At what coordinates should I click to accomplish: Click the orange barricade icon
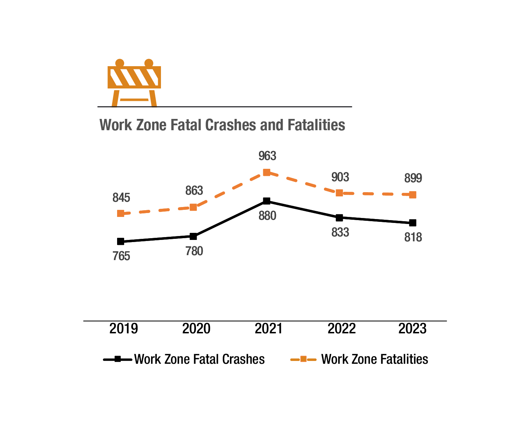[134, 83]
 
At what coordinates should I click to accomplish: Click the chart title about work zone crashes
[222, 125]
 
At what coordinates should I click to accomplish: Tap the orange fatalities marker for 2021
[267, 173]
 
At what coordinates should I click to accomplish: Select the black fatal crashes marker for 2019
[121, 242]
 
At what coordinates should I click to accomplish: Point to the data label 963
[267, 156]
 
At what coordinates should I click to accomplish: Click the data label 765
[121, 256]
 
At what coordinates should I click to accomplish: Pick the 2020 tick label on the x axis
[196, 329]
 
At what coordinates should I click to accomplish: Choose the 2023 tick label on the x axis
[412, 329]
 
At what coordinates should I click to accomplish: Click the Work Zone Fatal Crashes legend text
[200, 360]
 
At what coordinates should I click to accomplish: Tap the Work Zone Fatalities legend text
[375, 360]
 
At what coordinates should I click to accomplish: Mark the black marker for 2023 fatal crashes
[412, 223]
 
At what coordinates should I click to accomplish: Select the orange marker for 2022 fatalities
[339, 193]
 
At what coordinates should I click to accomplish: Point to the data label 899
[413, 179]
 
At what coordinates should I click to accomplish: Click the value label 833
[340, 232]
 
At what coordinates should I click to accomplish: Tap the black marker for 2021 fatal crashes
[267, 201]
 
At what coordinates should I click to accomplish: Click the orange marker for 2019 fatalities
[121, 213]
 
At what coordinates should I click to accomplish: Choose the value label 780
[194, 251]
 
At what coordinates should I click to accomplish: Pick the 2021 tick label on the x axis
[269, 329]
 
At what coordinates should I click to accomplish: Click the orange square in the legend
[303, 360]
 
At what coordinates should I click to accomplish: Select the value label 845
[121, 198]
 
